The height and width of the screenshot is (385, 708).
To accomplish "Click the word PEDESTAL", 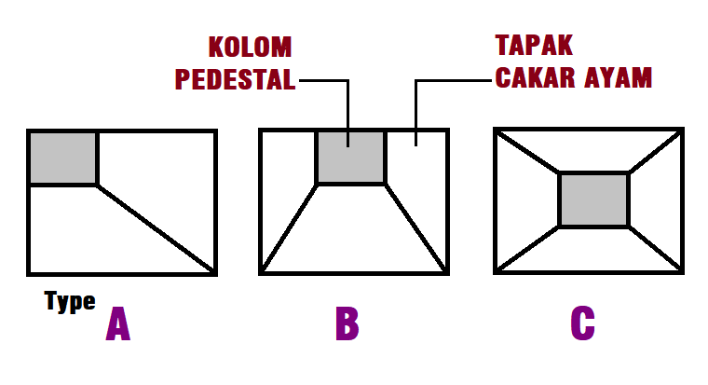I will coord(236,79).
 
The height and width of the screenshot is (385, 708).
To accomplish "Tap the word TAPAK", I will coord(534,46).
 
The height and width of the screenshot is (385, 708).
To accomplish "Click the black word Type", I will coord(70,301).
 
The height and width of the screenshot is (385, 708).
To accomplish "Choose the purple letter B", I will coord(347,323).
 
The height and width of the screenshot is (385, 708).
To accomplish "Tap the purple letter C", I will coord(582,323).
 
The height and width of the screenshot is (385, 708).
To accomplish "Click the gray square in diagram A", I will coord(63,158).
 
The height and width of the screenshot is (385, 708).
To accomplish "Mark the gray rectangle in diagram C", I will coord(594,199).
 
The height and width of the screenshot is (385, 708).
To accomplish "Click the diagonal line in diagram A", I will coord(157,229).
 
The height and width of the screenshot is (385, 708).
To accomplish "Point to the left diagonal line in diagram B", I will coord(290,228).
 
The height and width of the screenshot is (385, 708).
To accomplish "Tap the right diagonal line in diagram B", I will coord(415,228).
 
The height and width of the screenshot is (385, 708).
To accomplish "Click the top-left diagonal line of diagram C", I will coord(527,152).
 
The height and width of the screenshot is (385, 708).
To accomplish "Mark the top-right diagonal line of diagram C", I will coord(656,152).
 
